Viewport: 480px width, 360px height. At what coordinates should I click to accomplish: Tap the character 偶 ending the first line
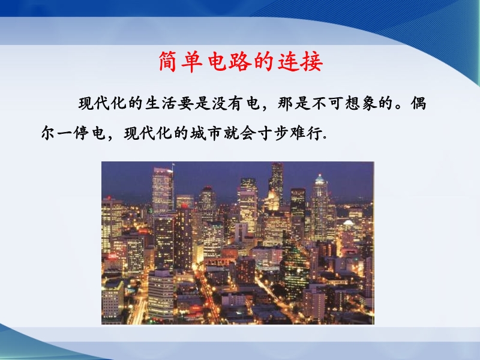(418, 103)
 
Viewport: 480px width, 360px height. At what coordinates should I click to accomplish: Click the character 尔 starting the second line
(49, 133)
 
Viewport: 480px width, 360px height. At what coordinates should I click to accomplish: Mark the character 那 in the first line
(286, 103)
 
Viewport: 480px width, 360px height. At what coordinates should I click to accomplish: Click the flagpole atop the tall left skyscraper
(173, 169)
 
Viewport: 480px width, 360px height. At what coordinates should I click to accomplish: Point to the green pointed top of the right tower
(320, 179)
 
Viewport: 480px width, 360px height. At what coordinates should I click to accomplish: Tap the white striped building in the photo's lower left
(161, 295)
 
